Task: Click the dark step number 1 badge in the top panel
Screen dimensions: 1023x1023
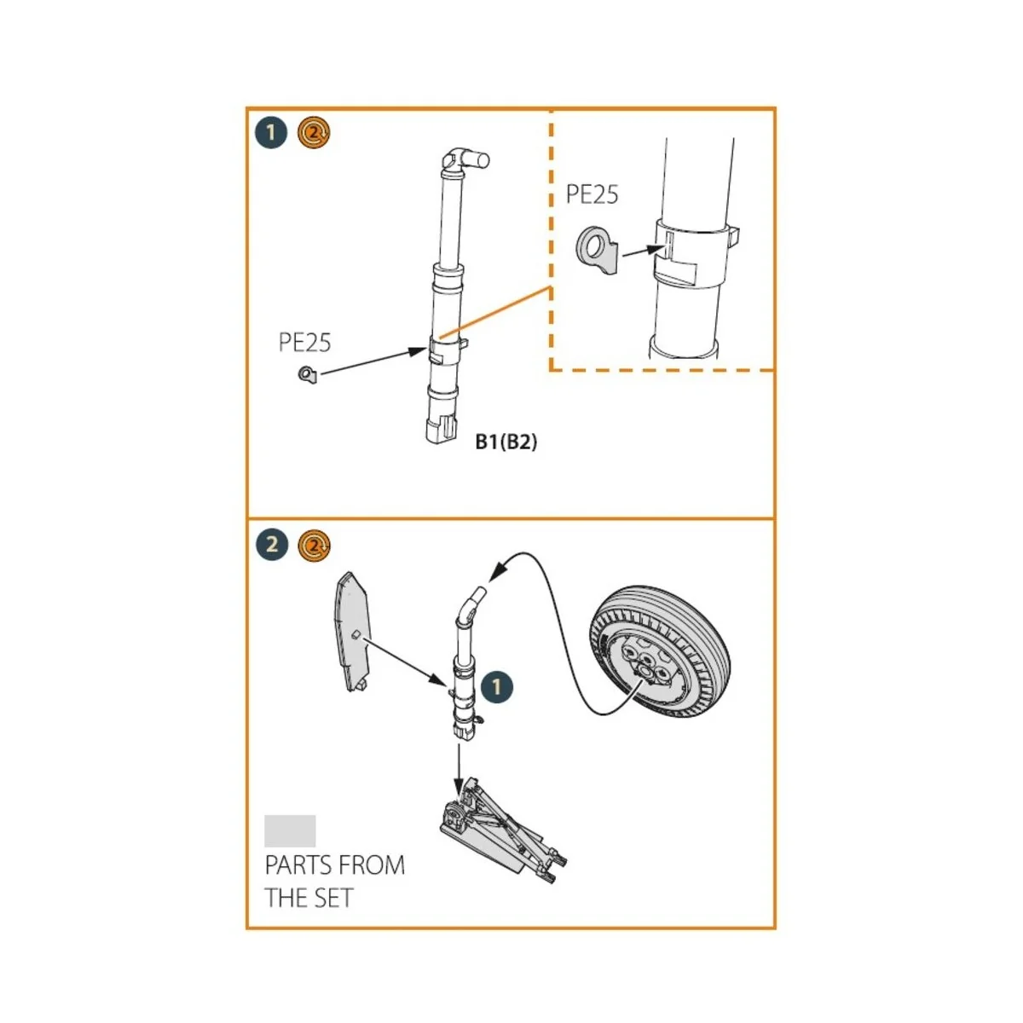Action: tap(271, 133)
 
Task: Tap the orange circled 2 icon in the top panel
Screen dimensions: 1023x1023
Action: tap(314, 133)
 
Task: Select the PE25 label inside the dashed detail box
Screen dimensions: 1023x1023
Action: tap(592, 194)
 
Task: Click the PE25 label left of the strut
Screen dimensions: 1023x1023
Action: tap(304, 343)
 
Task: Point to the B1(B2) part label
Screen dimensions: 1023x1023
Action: tap(506, 442)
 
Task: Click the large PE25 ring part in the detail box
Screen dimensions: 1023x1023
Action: tap(597, 251)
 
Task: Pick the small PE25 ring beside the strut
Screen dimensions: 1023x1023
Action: tap(307, 373)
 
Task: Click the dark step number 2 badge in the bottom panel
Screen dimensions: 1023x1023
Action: tap(271, 544)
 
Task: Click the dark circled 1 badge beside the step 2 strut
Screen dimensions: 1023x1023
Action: tap(496, 686)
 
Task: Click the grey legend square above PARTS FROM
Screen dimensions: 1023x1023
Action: tap(290, 830)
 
